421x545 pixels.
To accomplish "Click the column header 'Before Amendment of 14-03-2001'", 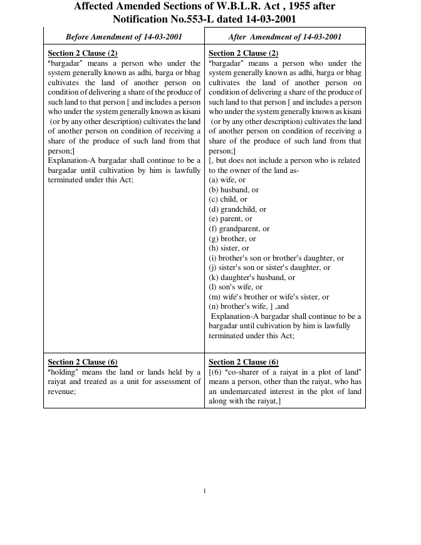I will click(124, 37).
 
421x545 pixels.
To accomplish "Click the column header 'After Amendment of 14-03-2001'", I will click(285, 37).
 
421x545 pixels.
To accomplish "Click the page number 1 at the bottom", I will click(205, 490).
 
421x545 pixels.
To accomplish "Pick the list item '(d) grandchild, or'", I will click(237, 209).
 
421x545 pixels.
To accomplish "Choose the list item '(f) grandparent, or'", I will click(239, 229).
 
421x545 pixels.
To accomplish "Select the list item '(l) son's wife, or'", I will click(236, 287).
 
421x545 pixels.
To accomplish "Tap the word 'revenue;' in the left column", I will click(62, 392).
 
